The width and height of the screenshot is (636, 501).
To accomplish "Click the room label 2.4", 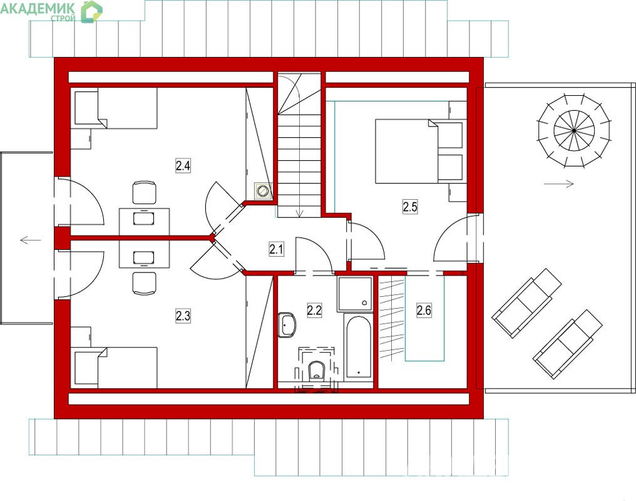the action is [183, 166].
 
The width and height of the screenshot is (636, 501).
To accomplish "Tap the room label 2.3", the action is [183, 316].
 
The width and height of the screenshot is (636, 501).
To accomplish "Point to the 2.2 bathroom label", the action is [314, 311].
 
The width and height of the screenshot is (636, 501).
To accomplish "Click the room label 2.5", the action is [409, 207].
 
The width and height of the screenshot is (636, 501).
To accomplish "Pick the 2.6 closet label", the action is [424, 311].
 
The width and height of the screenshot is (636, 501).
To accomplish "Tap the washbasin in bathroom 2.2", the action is [287, 325].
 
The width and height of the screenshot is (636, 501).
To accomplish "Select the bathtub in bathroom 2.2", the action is [358, 347].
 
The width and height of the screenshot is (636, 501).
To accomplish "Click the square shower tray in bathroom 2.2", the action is [354, 294].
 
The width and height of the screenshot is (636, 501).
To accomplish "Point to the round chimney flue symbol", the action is [264, 190].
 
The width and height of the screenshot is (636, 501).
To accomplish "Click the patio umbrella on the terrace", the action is [575, 131].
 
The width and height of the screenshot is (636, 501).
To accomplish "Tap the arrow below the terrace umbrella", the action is [559, 184].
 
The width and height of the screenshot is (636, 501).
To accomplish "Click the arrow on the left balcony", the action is [31, 240].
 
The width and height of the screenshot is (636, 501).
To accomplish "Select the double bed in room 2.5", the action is [419, 151].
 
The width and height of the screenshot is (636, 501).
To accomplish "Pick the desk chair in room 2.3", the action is [145, 283].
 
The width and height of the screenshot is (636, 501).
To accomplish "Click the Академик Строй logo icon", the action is [91, 12].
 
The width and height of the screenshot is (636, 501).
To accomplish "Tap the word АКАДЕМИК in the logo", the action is [38, 9].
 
